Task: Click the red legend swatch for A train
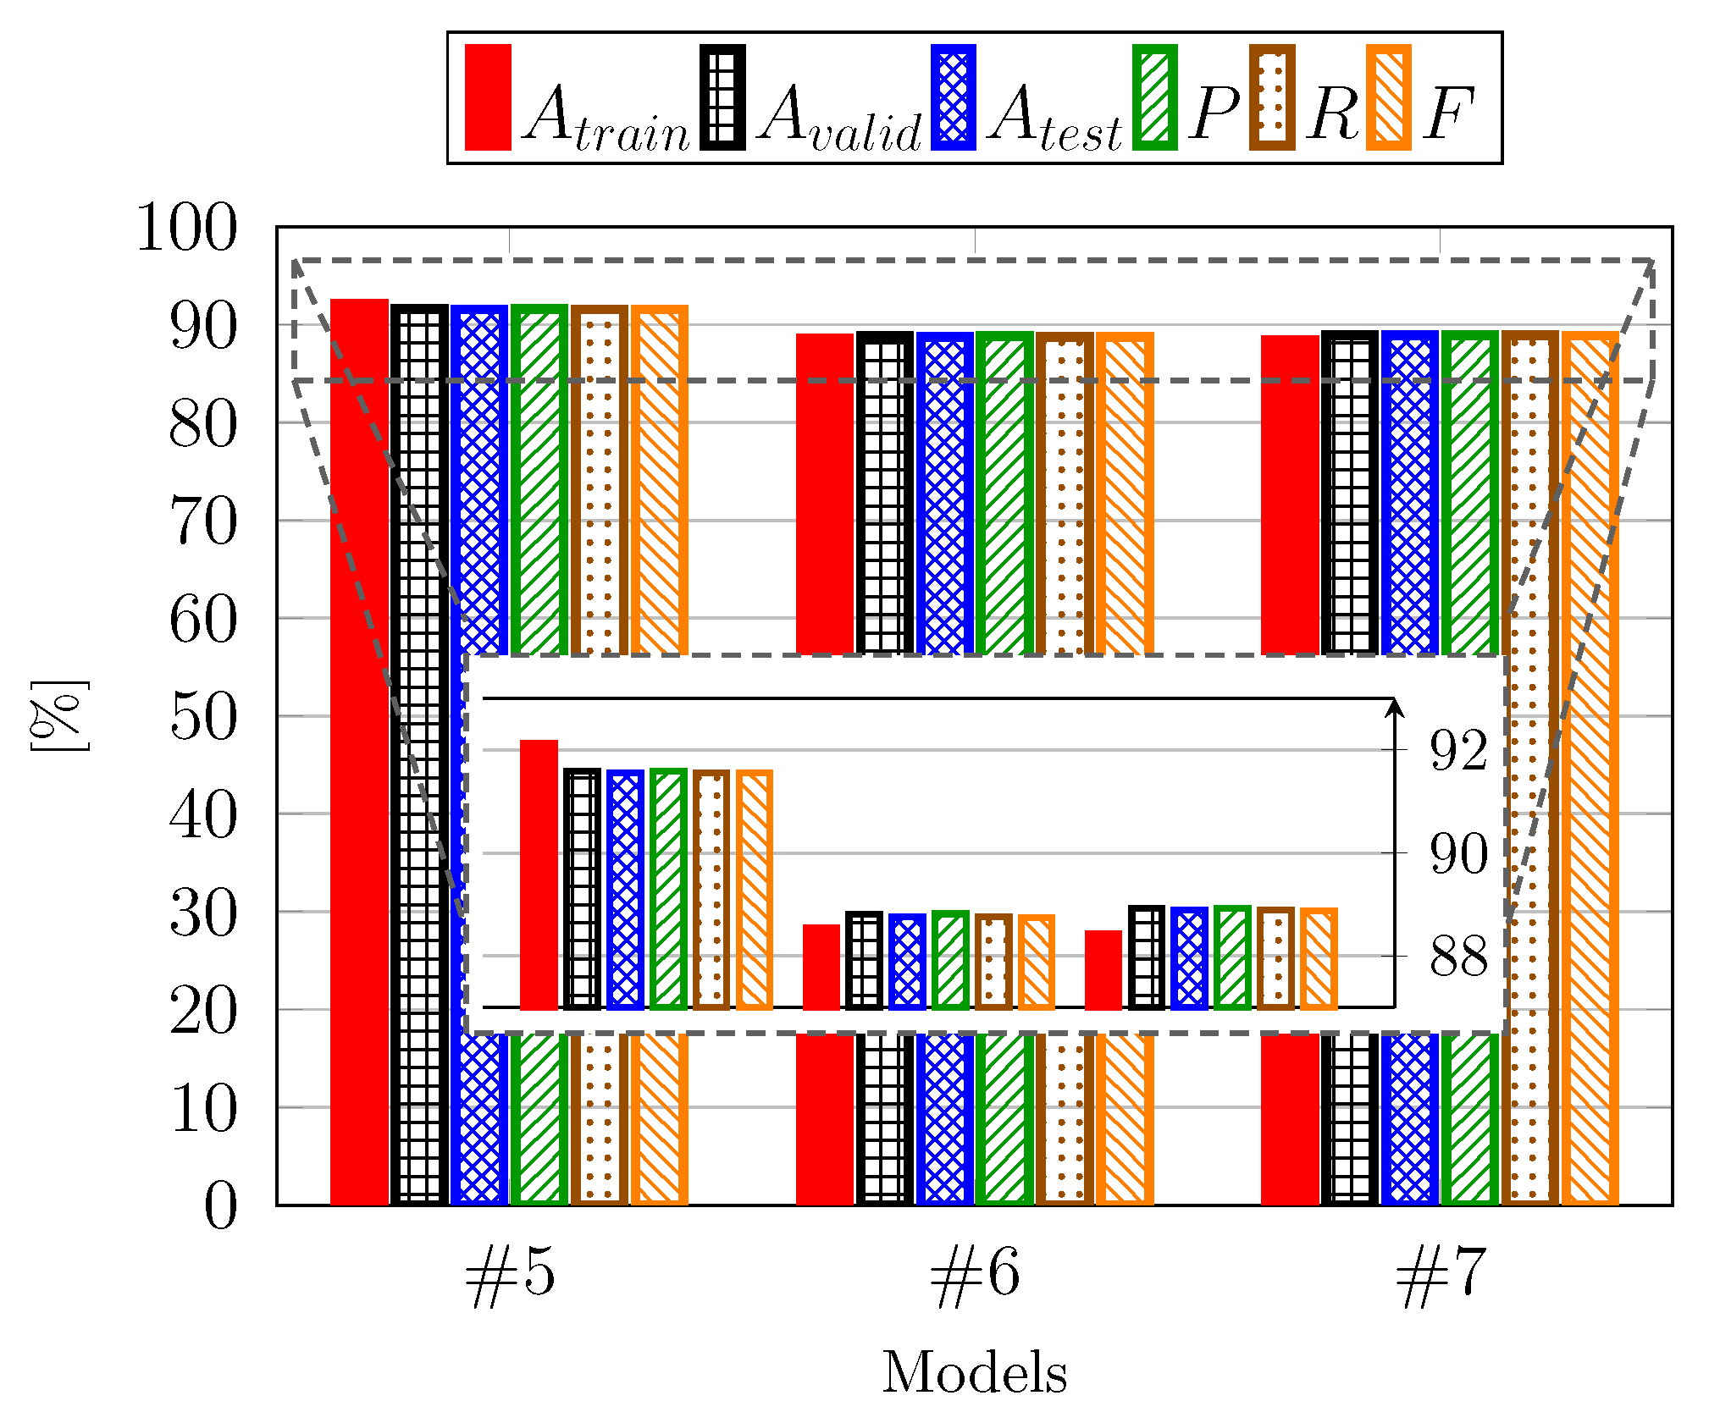click(x=488, y=97)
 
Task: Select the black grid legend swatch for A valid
click(x=722, y=97)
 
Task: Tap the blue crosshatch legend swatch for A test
click(x=953, y=97)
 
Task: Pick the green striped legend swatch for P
click(x=1155, y=97)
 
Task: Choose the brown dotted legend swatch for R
click(x=1272, y=97)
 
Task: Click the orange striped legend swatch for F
click(x=1389, y=97)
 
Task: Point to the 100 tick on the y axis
click(x=187, y=228)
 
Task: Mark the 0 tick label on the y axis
click(x=220, y=1205)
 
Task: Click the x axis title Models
click(x=975, y=1372)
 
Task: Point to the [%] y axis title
click(x=59, y=716)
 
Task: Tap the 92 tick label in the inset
click(x=1458, y=750)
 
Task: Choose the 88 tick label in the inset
click(x=1458, y=957)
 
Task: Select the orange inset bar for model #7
click(x=1319, y=959)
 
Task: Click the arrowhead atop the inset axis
click(x=1394, y=706)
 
